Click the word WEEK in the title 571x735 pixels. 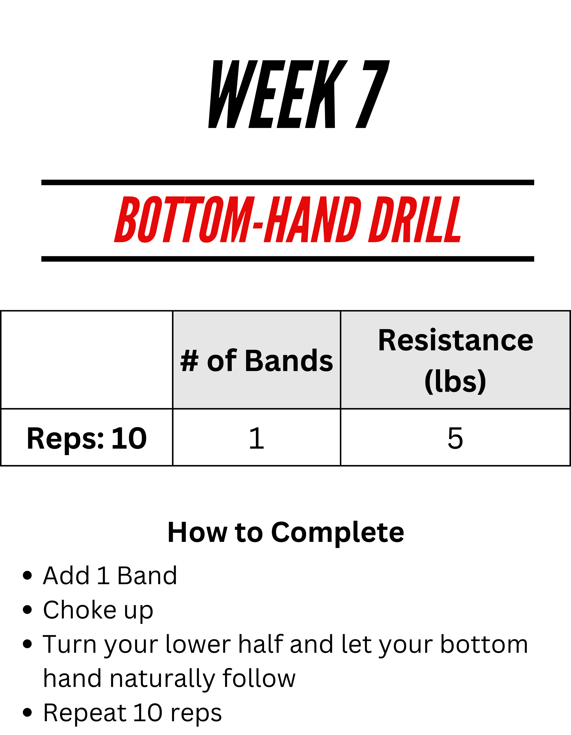pyautogui.click(x=278, y=94)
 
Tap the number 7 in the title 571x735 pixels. pyautogui.click(x=372, y=94)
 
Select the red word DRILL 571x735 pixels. pyautogui.click(x=414, y=220)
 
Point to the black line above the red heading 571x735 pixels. pyautogui.click(x=288, y=183)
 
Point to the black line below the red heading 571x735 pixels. pyautogui.click(x=288, y=259)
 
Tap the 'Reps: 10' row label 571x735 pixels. pyautogui.click(x=87, y=438)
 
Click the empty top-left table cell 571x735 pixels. pyautogui.click(x=87, y=360)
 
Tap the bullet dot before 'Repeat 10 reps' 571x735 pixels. pyautogui.click(x=27, y=712)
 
